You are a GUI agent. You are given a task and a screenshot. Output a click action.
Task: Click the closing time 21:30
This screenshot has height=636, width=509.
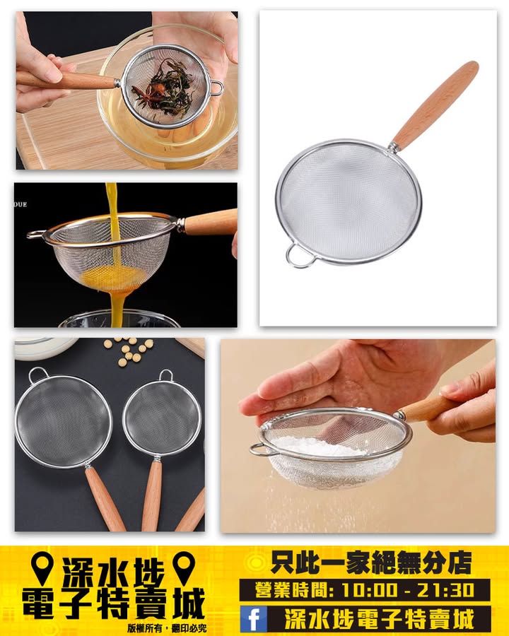[447, 590]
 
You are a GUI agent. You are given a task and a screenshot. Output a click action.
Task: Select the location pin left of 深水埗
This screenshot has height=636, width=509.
[42, 568]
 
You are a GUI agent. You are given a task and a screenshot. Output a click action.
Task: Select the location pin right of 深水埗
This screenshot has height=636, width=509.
[184, 568]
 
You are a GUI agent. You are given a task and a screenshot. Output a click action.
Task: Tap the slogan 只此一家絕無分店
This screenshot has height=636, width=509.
[371, 563]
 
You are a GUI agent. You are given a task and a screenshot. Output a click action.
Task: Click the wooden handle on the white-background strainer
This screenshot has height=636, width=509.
[435, 105]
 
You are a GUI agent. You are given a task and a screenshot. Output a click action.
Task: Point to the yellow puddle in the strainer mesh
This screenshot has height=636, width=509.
[114, 276]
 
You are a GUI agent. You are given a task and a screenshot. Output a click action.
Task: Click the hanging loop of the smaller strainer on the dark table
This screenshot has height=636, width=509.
[165, 375]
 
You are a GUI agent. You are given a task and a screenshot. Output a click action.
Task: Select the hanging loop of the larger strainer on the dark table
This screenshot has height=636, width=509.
[38, 375]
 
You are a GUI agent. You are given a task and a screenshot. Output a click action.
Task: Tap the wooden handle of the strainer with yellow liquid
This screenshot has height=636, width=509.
[210, 223]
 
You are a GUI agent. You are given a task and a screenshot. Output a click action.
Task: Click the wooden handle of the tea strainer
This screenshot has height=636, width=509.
[65, 81]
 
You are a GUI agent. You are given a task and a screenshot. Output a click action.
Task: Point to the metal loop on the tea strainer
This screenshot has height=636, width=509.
[217, 88]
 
